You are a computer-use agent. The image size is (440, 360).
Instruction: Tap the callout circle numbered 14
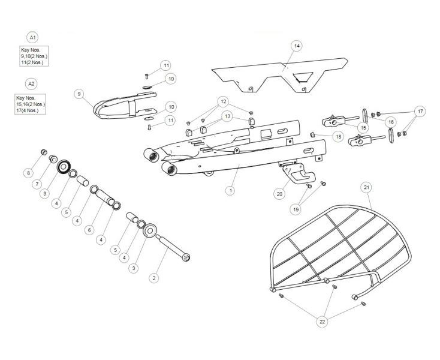296,46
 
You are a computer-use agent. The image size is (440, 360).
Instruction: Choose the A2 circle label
31,83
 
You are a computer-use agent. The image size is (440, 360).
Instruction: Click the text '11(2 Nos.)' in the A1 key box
32,62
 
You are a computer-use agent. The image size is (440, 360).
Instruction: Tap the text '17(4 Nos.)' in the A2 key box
31,110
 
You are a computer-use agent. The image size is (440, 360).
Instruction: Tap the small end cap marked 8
44,151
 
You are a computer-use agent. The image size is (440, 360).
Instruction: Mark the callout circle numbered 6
89,229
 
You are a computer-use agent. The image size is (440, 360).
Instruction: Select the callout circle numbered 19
295,209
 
